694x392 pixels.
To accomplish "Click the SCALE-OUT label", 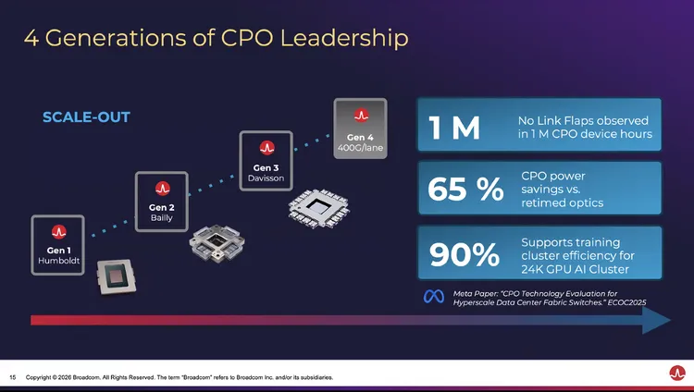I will [86, 117].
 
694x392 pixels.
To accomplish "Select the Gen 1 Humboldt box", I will [57, 244].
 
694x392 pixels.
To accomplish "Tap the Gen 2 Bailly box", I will [162, 201].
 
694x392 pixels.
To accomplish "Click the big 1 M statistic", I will [454, 129].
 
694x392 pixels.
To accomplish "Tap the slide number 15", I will [13, 377].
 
